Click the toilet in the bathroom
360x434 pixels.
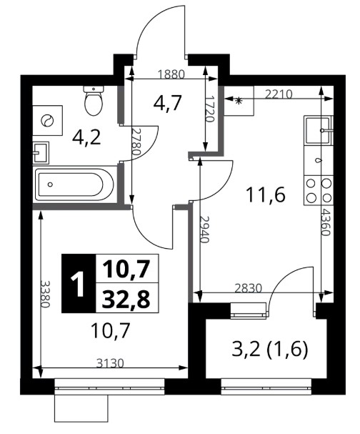(94, 101)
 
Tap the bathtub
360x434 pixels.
(75, 184)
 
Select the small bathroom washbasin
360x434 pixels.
(41, 153)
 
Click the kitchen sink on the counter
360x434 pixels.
(319, 130)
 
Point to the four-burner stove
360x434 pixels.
(319, 191)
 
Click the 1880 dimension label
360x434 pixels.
(171, 74)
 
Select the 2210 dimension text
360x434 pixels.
(279, 94)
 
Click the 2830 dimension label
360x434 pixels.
(248, 288)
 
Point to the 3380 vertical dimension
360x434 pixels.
(45, 294)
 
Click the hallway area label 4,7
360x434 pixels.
(168, 103)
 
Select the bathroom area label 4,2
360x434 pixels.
(86, 138)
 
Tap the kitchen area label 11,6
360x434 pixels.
(266, 195)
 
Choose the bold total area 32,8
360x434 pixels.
(126, 300)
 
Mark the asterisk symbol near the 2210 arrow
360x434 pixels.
(238, 101)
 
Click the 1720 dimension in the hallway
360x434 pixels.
(211, 109)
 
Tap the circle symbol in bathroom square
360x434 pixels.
(46, 120)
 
